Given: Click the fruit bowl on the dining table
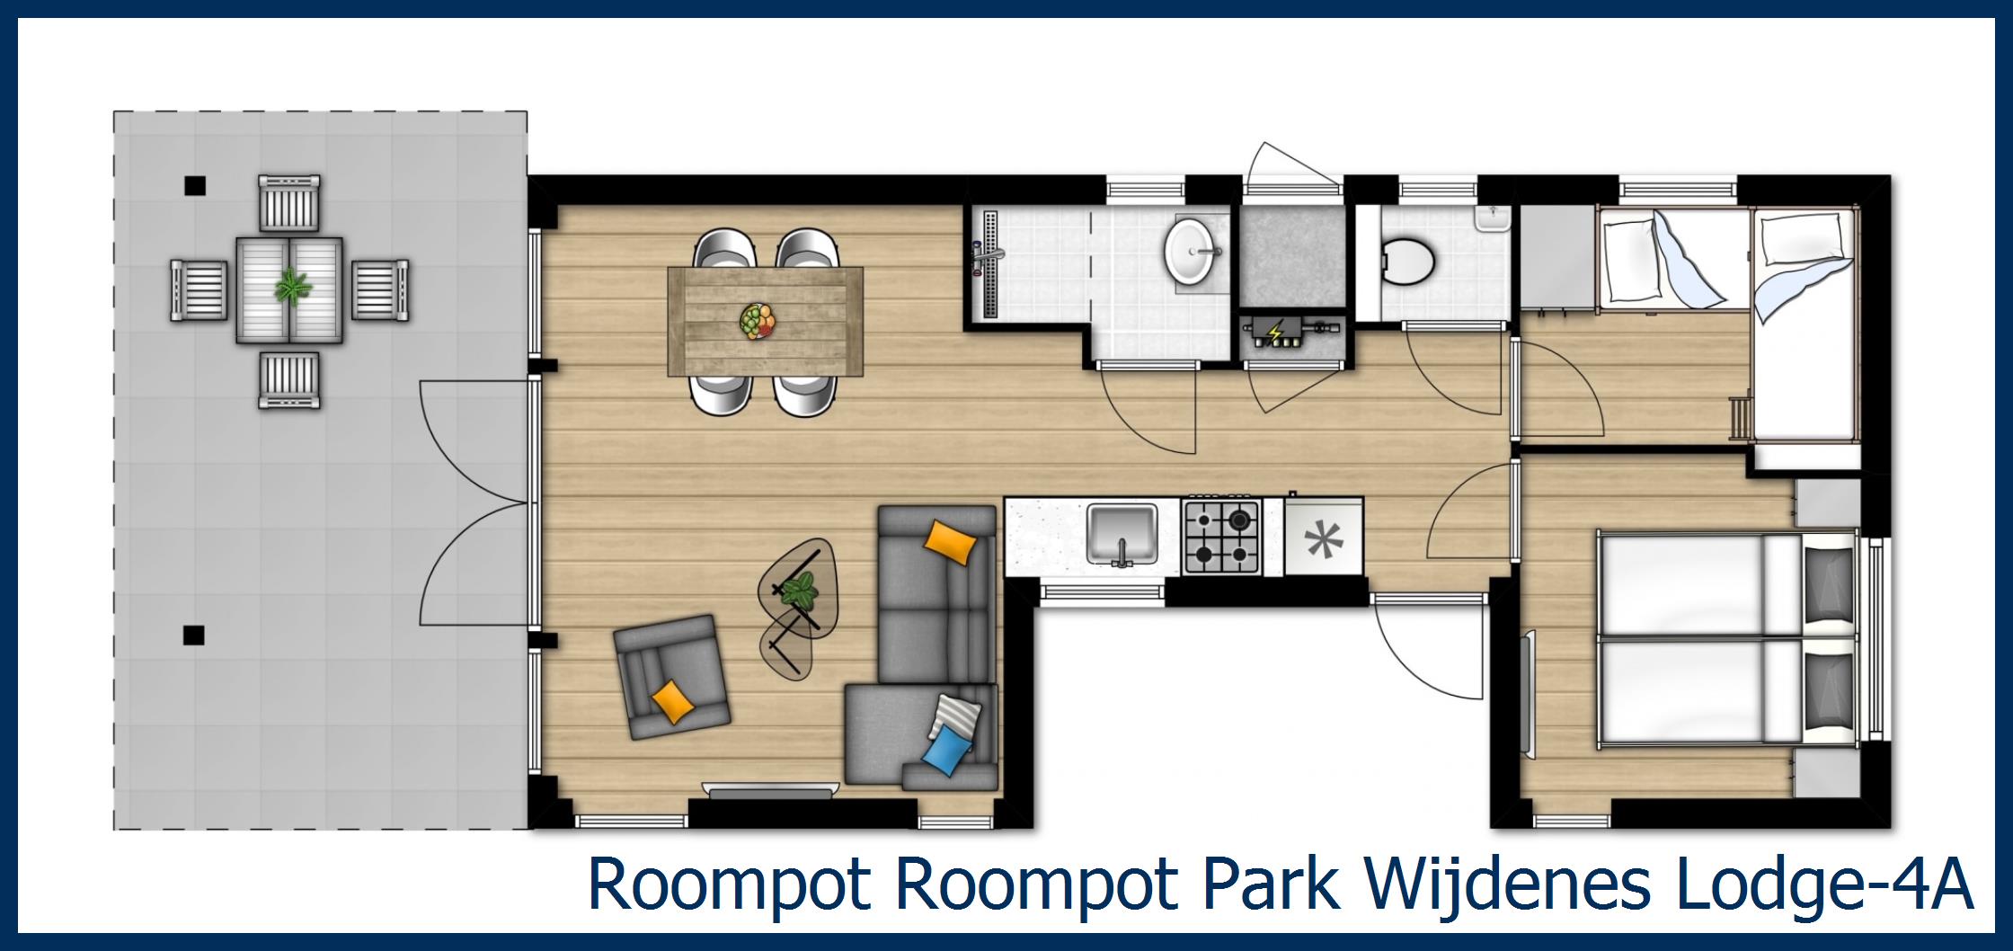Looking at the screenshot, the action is [758, 320].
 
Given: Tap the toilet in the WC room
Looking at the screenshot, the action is [1406, 261].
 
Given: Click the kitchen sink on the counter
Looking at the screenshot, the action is [1122, 535].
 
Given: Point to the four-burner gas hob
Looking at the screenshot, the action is [1221, 538].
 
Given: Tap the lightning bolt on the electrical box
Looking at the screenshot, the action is [1274, 334].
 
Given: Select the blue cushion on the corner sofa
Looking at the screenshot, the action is [949, 749].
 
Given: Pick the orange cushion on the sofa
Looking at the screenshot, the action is [951, 541].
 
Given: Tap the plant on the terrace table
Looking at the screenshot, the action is [290, 287].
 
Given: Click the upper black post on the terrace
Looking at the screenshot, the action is [194, 186].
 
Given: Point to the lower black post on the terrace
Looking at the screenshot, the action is [193, 635].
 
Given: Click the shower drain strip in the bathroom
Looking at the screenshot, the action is [991, 264].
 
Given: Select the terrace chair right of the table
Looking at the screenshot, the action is [379, 289].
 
